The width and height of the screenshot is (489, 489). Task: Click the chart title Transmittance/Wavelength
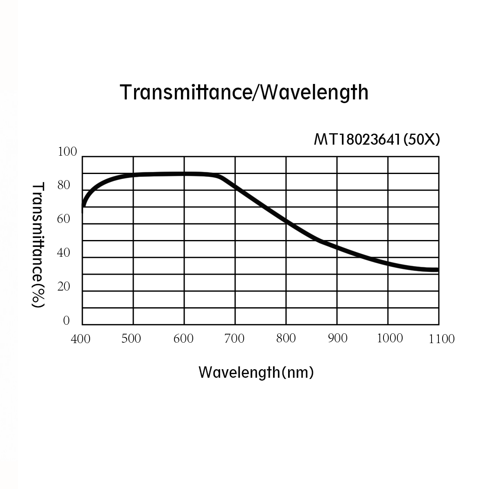(244, 92)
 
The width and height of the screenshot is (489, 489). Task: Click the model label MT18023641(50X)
(377, 140)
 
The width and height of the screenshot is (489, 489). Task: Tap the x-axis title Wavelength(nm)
(256, 372)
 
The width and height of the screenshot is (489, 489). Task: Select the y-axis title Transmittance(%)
(38, 244)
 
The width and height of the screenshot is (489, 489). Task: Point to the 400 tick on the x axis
(81, 339)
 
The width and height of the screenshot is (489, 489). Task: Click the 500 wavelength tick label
(131, 339)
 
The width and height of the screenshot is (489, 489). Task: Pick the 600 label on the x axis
(183, 339)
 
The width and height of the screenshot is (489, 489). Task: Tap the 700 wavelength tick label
(234, 339)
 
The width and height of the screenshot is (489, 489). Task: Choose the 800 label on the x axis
(286, 338)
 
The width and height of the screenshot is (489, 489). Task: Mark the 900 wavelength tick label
(337, 338)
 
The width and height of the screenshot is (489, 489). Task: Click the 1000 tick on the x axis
(390, 338)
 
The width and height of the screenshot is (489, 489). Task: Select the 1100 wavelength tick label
(441, 339)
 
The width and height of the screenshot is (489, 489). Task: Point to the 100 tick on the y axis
(68, 152)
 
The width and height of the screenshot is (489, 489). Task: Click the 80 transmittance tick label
(64, 186)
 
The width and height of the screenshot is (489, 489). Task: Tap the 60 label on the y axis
(64, 219)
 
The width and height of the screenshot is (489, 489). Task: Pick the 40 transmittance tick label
(64, 253)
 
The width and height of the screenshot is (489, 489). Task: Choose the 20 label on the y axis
(64, 287)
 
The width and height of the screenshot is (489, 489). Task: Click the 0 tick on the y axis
(66, 321)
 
